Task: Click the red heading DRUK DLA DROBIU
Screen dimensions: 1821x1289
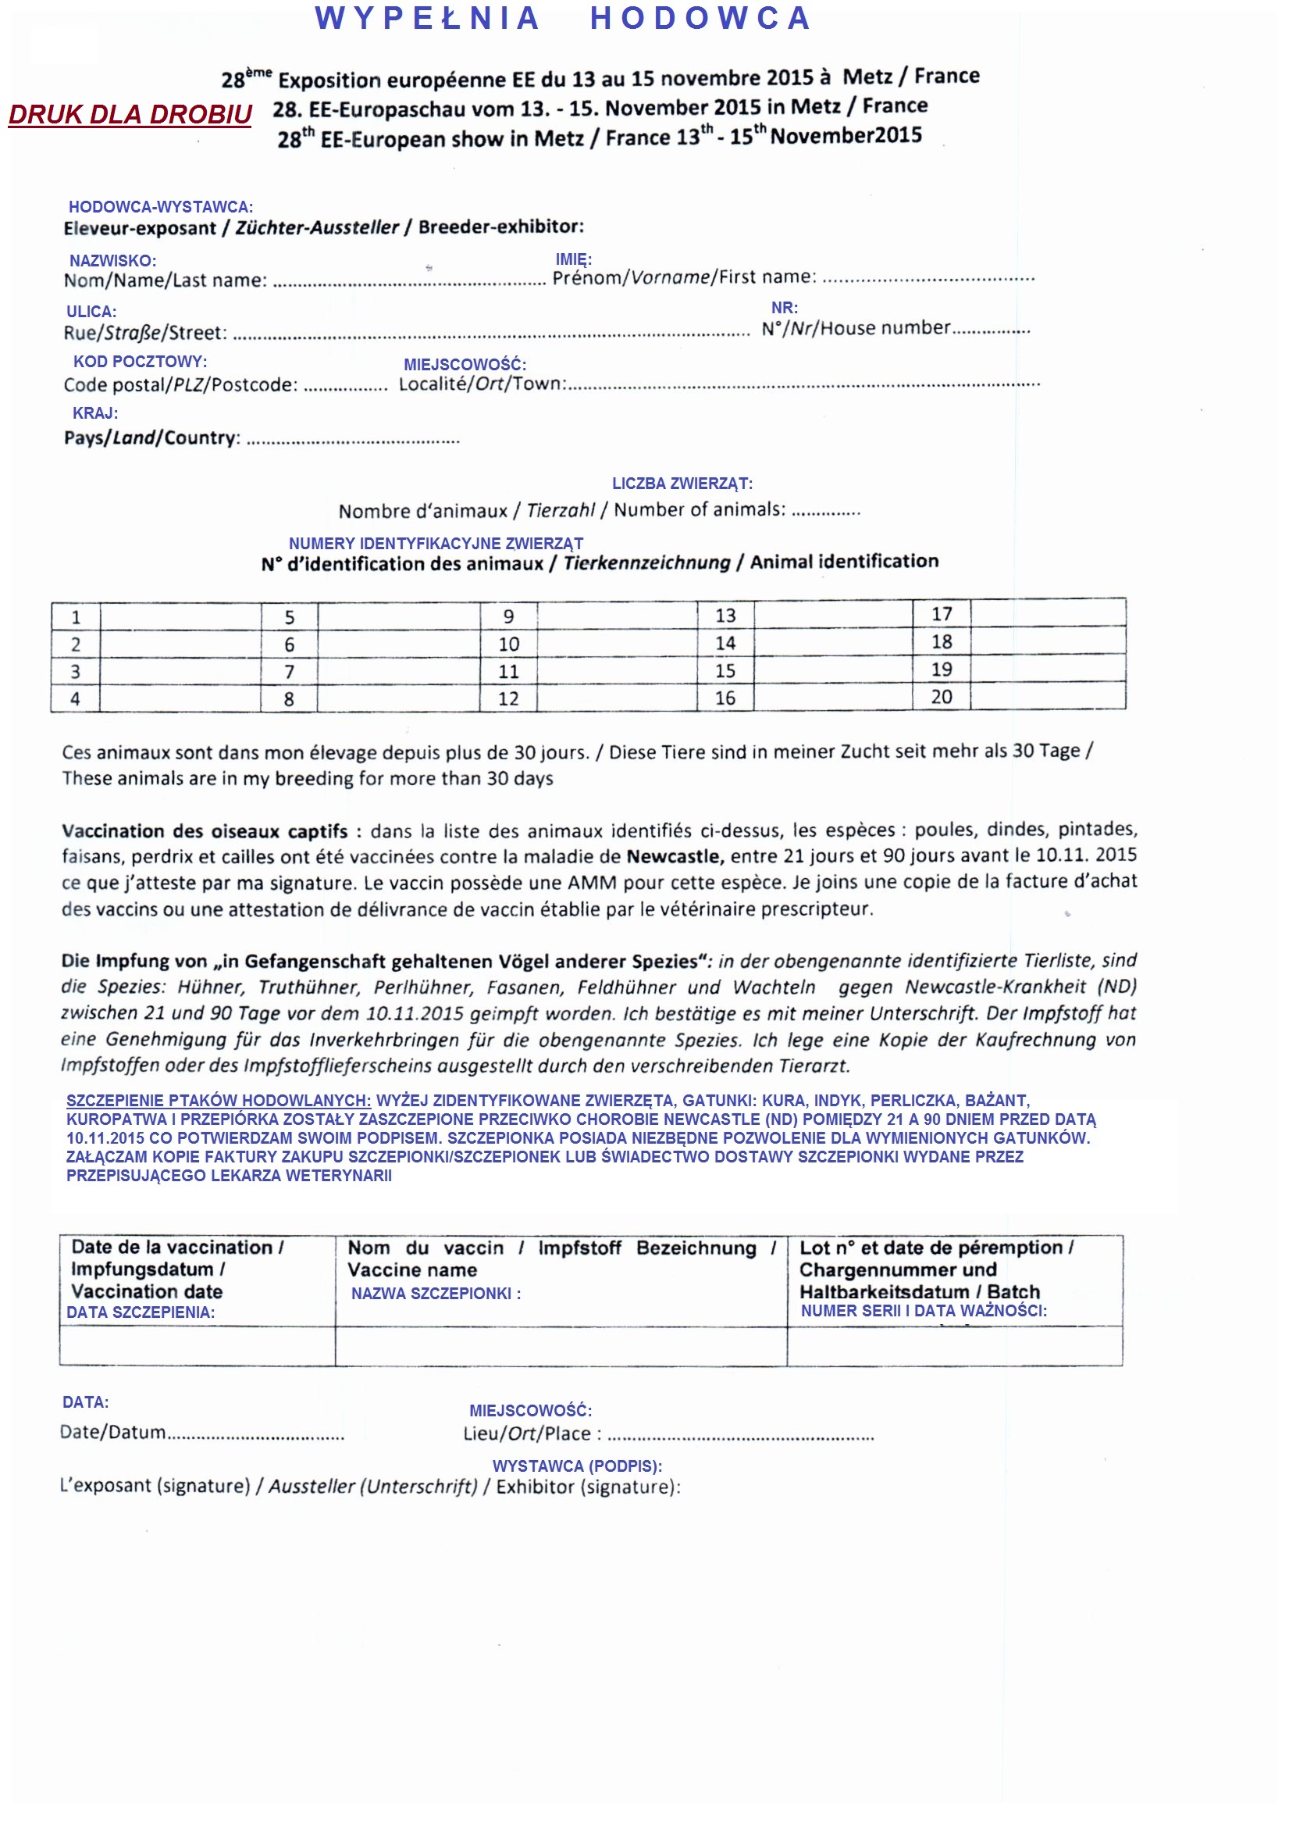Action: click(x=130, y=114)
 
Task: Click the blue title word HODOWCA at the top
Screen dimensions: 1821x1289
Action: click(x=700, y=18)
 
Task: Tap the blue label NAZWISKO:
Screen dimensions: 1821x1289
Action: click(x=112, y=260)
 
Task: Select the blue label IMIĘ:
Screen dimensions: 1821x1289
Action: click(x=573, y=259)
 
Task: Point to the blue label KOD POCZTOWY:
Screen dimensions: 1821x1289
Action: click(x=140, y=362)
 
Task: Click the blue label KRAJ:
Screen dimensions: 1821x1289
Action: click(x=95, y=413)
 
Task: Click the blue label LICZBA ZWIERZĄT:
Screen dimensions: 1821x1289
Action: click(x=682, y=483)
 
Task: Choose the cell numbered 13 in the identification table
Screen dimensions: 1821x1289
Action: click(x=725, y=616)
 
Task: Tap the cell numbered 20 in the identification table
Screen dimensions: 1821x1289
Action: click(x=942, y=697)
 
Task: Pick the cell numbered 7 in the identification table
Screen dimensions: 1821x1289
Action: click(x=289, y=672)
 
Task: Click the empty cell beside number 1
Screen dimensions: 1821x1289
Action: click(x=181, y=617)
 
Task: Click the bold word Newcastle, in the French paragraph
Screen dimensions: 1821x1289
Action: click(x=675, y=856)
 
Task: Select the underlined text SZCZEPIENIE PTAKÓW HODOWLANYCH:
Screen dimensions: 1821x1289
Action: click(x=219, y=1100)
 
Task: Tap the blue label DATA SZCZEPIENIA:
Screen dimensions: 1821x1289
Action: click(x=141, y=1312)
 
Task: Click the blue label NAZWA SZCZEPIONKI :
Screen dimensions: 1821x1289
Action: click(x=436, y=1293)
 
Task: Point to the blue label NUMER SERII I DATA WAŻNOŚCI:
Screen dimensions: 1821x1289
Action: click(x=923, y=1310)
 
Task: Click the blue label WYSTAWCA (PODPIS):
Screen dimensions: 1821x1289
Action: click(x=577, y=1466)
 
